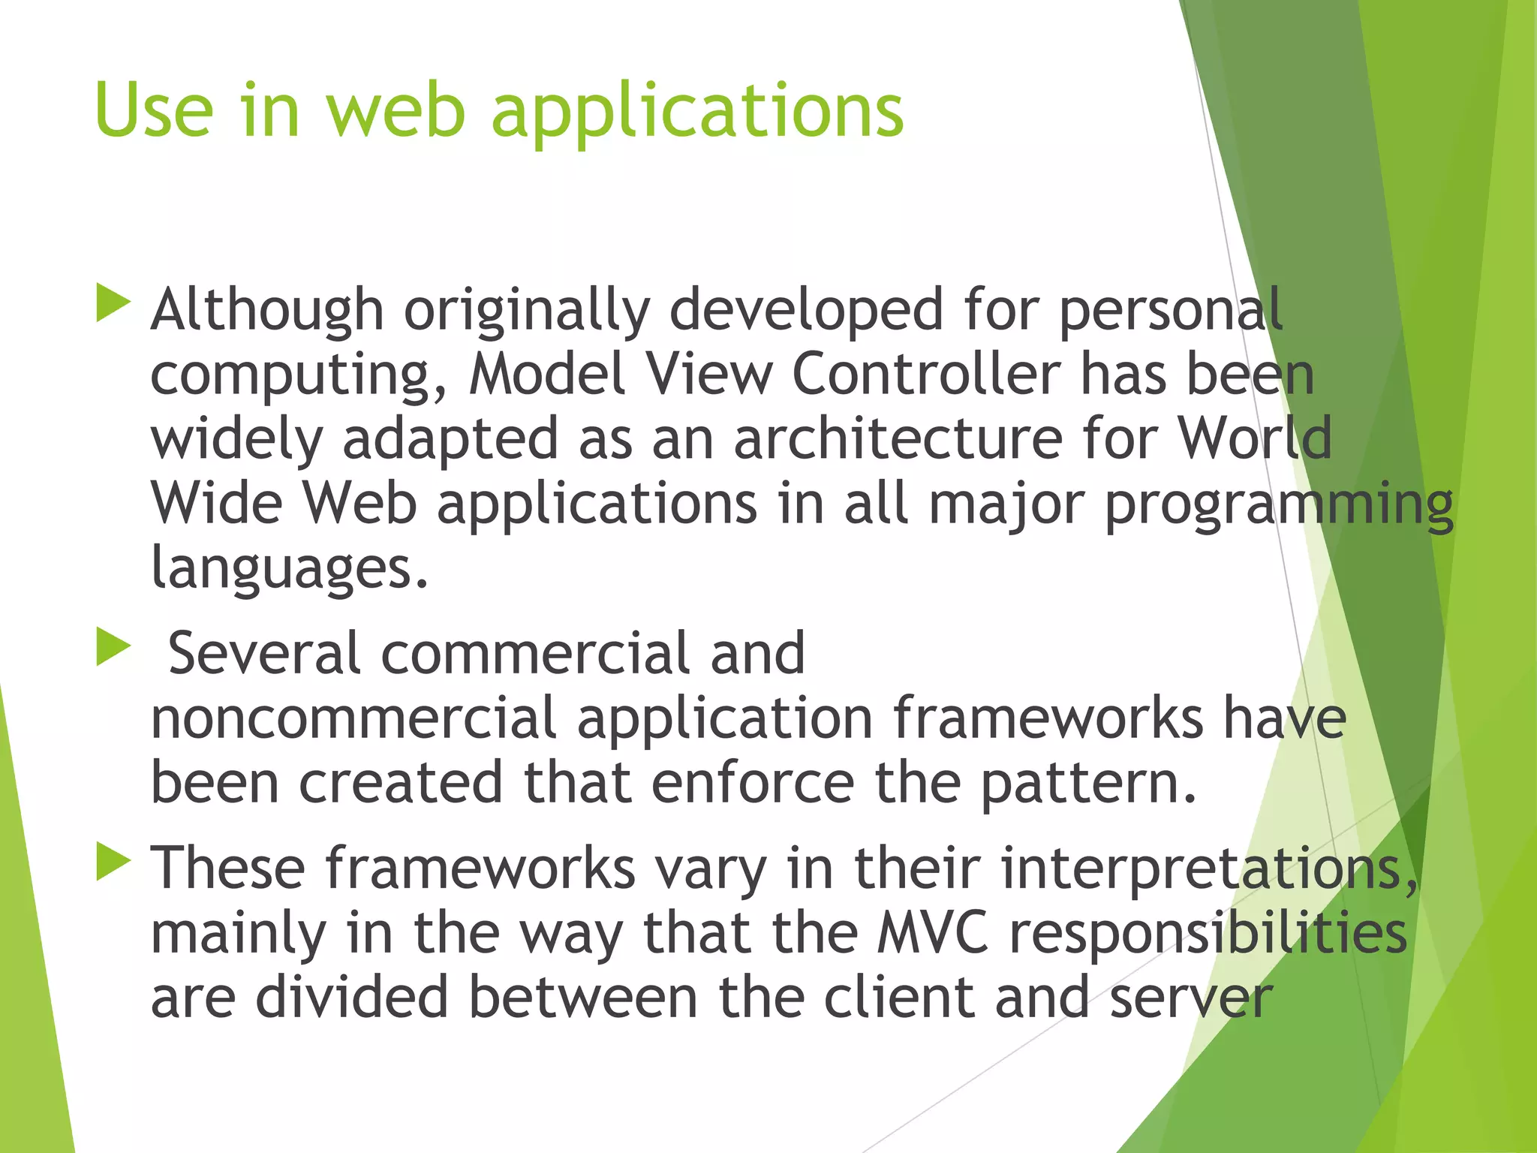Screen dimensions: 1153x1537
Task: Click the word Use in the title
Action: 154,110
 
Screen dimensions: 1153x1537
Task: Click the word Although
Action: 267,309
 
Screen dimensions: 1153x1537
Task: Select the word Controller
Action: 926,374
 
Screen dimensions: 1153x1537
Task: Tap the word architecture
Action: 898,438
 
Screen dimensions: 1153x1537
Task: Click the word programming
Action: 1279,504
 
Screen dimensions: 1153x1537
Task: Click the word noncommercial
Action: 353,718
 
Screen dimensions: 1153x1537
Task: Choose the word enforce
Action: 753,783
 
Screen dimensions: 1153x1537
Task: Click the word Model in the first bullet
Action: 547,374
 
